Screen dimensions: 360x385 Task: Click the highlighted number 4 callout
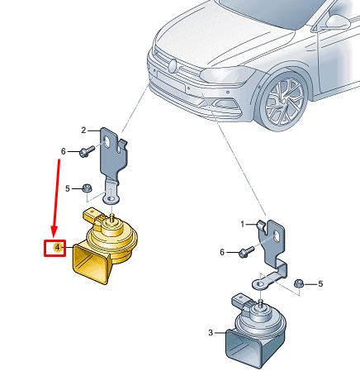57,248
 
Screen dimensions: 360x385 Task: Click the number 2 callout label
83,130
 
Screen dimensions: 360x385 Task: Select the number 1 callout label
243,225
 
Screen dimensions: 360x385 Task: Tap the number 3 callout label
211,333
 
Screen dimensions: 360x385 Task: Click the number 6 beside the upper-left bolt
64,151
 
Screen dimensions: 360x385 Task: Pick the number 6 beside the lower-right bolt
222,252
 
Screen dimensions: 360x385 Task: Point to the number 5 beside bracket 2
68,188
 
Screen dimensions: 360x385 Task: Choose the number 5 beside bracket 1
320,283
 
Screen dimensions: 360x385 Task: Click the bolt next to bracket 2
87,151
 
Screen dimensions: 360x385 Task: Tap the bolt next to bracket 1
246,252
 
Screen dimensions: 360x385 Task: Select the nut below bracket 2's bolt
88,188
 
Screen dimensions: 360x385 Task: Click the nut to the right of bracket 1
299,283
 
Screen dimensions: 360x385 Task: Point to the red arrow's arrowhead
54,231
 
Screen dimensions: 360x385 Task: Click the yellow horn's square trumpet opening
90,264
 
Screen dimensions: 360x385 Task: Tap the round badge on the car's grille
173,66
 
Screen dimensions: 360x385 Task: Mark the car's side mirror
336,21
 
